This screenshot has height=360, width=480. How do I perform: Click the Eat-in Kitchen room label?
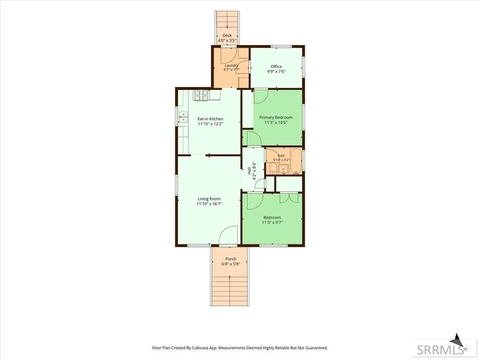[210, 119]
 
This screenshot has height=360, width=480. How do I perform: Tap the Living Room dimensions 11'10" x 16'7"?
[209, 203]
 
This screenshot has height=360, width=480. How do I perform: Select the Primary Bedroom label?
[276, 117]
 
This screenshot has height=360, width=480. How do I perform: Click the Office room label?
[276, 67]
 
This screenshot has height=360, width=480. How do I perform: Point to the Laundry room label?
[232, 65]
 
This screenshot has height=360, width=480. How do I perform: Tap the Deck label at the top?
[227, 36]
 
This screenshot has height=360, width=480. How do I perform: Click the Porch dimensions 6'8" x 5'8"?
[231, 264]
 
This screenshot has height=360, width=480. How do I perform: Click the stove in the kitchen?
[201, 95]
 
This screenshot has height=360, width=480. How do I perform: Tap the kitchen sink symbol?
[183, 117]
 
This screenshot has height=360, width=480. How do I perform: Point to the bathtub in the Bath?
[296, 161]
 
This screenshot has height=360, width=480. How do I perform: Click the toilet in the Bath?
[273, 168]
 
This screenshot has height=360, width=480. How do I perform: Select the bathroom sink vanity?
[283, 169]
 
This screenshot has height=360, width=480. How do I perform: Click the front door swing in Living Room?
[228, 235]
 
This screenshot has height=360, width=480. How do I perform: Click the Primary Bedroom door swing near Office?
[261, 97]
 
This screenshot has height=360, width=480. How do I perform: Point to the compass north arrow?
[457, 340]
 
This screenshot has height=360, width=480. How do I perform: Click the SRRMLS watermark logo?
[440, 349]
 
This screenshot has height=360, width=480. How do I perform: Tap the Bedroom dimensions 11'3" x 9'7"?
[272, 223]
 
